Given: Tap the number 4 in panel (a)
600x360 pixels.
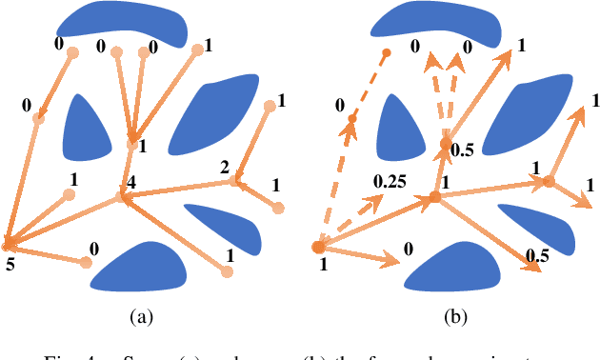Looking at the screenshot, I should click(131, 180).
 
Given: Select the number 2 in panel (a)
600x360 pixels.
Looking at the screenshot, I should click(225, 168).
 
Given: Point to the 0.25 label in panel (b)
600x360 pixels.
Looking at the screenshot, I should click(390, 180).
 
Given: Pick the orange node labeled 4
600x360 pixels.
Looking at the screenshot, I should click(122, 197).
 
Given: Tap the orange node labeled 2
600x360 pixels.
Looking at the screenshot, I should click(235, 180).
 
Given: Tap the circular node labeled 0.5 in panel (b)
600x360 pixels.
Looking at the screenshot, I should click(446, 144).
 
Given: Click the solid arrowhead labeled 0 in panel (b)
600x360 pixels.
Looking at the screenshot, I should click(393, 258).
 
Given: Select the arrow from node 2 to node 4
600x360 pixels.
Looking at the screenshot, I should click(181, 189).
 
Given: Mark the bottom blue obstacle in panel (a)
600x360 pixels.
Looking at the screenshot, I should click(143, 268).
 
